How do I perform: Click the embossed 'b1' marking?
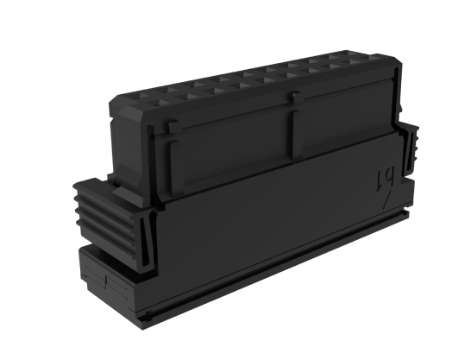pyautogui.click(x=384, y=178)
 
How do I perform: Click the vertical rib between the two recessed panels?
pyautogui.click(x=292, y=134)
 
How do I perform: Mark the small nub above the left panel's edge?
pyautogui.click(x=174, y=126)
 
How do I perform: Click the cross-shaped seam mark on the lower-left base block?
pyautogui.click(x=105, y=281)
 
